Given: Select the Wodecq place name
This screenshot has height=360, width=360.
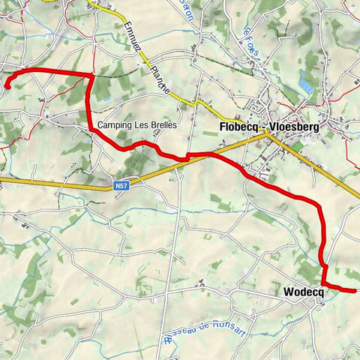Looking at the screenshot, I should pos(303,292).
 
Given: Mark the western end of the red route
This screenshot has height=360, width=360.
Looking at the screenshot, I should pos(7,87).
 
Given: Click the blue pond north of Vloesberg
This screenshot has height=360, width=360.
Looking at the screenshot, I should pos(305,80).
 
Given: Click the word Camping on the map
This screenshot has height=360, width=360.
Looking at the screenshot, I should pos(115,125).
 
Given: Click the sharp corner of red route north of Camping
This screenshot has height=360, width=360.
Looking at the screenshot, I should pos(91,75).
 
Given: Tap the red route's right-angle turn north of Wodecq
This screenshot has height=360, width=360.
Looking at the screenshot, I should pos(324,265).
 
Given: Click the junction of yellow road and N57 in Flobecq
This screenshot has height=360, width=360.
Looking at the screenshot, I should pos(267,133).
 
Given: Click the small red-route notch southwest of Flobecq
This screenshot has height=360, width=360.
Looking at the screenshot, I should pos(185,157).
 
